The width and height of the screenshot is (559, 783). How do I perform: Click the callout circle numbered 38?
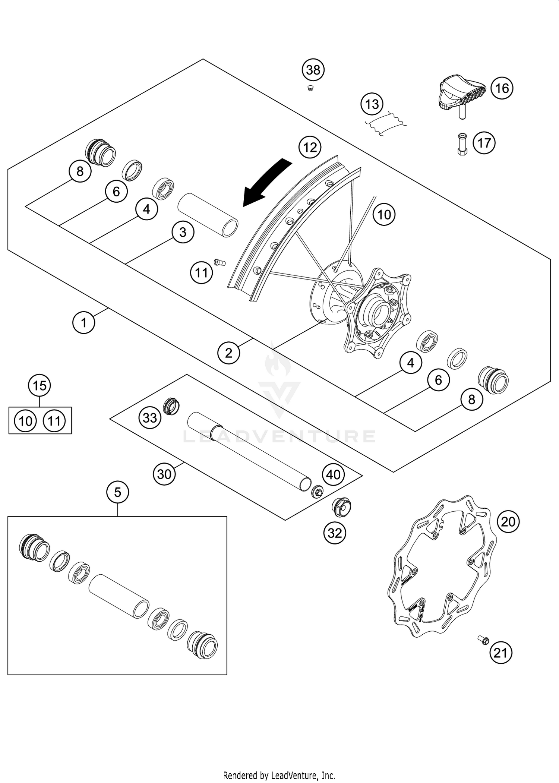tap(313, 70)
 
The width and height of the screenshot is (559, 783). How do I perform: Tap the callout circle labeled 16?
tap(502, 88)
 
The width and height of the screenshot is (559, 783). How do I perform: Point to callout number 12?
tap(310, 148)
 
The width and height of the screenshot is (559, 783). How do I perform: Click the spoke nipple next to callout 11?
tap(220, 263)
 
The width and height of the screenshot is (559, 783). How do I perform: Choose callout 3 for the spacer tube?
tap(183, 232)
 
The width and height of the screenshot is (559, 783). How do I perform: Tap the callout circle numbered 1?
tap(83, 322)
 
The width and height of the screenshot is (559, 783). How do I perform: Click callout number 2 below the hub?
tap(228, 353)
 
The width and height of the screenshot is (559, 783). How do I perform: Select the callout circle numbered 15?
tap(40, 385)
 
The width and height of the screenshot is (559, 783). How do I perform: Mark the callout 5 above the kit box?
tap(117, 492)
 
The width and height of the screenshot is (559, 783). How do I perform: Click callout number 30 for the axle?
tap(164, 474)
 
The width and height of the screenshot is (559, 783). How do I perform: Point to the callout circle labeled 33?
tap(150, 417)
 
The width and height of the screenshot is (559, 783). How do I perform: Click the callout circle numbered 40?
tap(333, 474)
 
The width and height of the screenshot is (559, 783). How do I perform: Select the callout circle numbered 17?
tap(484, 143)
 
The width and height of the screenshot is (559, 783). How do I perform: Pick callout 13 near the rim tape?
tap(372, 104)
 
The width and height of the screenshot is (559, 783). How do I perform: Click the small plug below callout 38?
tap(310, 88)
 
